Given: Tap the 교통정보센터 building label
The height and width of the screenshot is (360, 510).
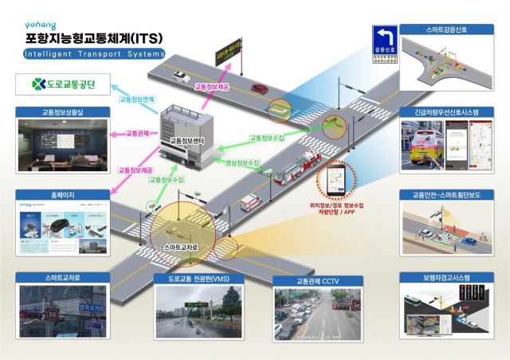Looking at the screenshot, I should pyautogui.click(x=187, y=141).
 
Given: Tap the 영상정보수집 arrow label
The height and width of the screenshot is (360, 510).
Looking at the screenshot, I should pyautogui.click(x=243, y=162).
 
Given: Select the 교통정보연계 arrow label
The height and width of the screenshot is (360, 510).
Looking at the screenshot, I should pyautogui.click(x=136, y=100).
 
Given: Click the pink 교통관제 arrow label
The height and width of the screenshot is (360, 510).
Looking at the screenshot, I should pyautogui.click(x=141, y=133).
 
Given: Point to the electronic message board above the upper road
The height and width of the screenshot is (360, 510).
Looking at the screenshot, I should pyautogui.click(x=228, y=55).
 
